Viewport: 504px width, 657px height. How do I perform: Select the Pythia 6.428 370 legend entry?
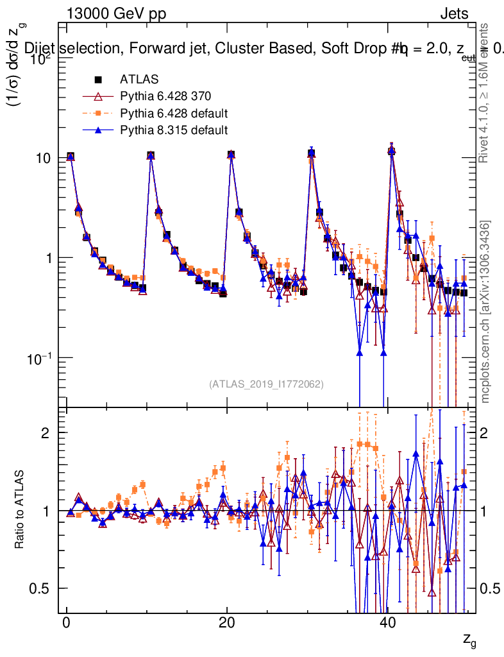[165, 97]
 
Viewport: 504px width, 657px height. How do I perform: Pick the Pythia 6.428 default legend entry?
[174, 114]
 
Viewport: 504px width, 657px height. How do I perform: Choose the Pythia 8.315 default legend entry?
[173, 130]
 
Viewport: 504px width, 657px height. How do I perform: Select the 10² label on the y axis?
[41, 58]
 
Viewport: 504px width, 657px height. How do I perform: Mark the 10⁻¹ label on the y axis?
[41, 357]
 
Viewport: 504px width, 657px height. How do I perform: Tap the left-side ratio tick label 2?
[51, 432]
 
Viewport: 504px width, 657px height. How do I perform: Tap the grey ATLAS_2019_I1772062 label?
[265, 384]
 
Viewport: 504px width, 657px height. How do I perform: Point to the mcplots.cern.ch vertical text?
[485, 312]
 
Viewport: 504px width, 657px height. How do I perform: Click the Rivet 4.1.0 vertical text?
[485, 93]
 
